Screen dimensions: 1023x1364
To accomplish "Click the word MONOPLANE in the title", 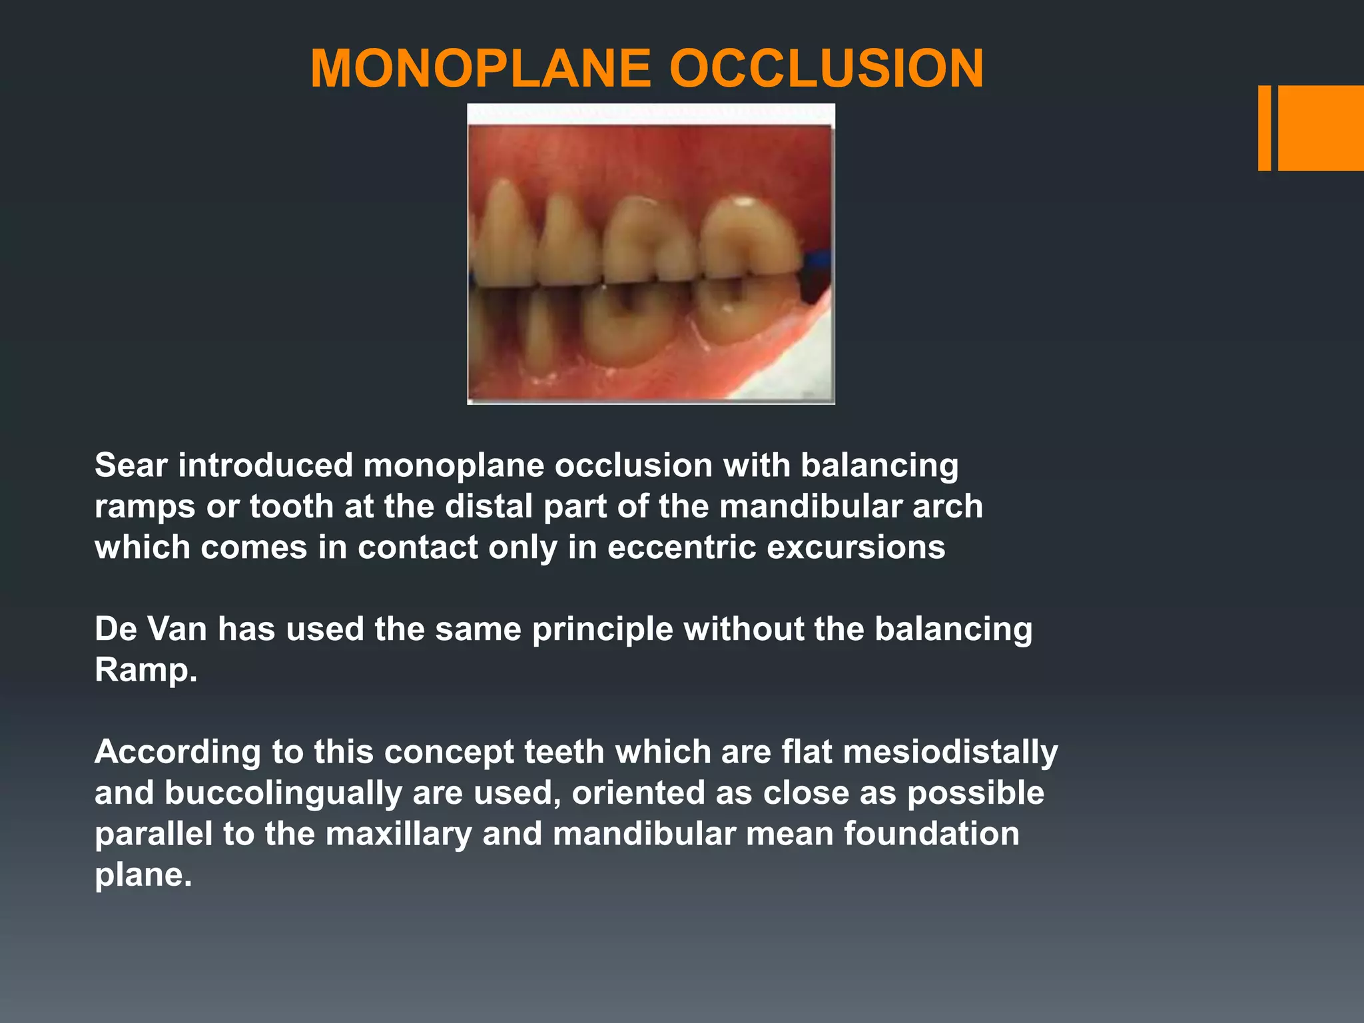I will click(480, 69).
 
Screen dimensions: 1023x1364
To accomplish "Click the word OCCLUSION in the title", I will click(826, 69).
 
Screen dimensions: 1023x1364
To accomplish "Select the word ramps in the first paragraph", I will click(145, 508).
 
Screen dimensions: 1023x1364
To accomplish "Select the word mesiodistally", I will click(950, 753).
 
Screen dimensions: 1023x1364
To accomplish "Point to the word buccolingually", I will click(281, 793).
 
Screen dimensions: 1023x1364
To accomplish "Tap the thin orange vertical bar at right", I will click(1264, 128).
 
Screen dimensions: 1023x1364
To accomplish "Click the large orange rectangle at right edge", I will click(1321, 128).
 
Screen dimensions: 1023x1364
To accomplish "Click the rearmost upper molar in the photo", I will click(749, 240).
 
